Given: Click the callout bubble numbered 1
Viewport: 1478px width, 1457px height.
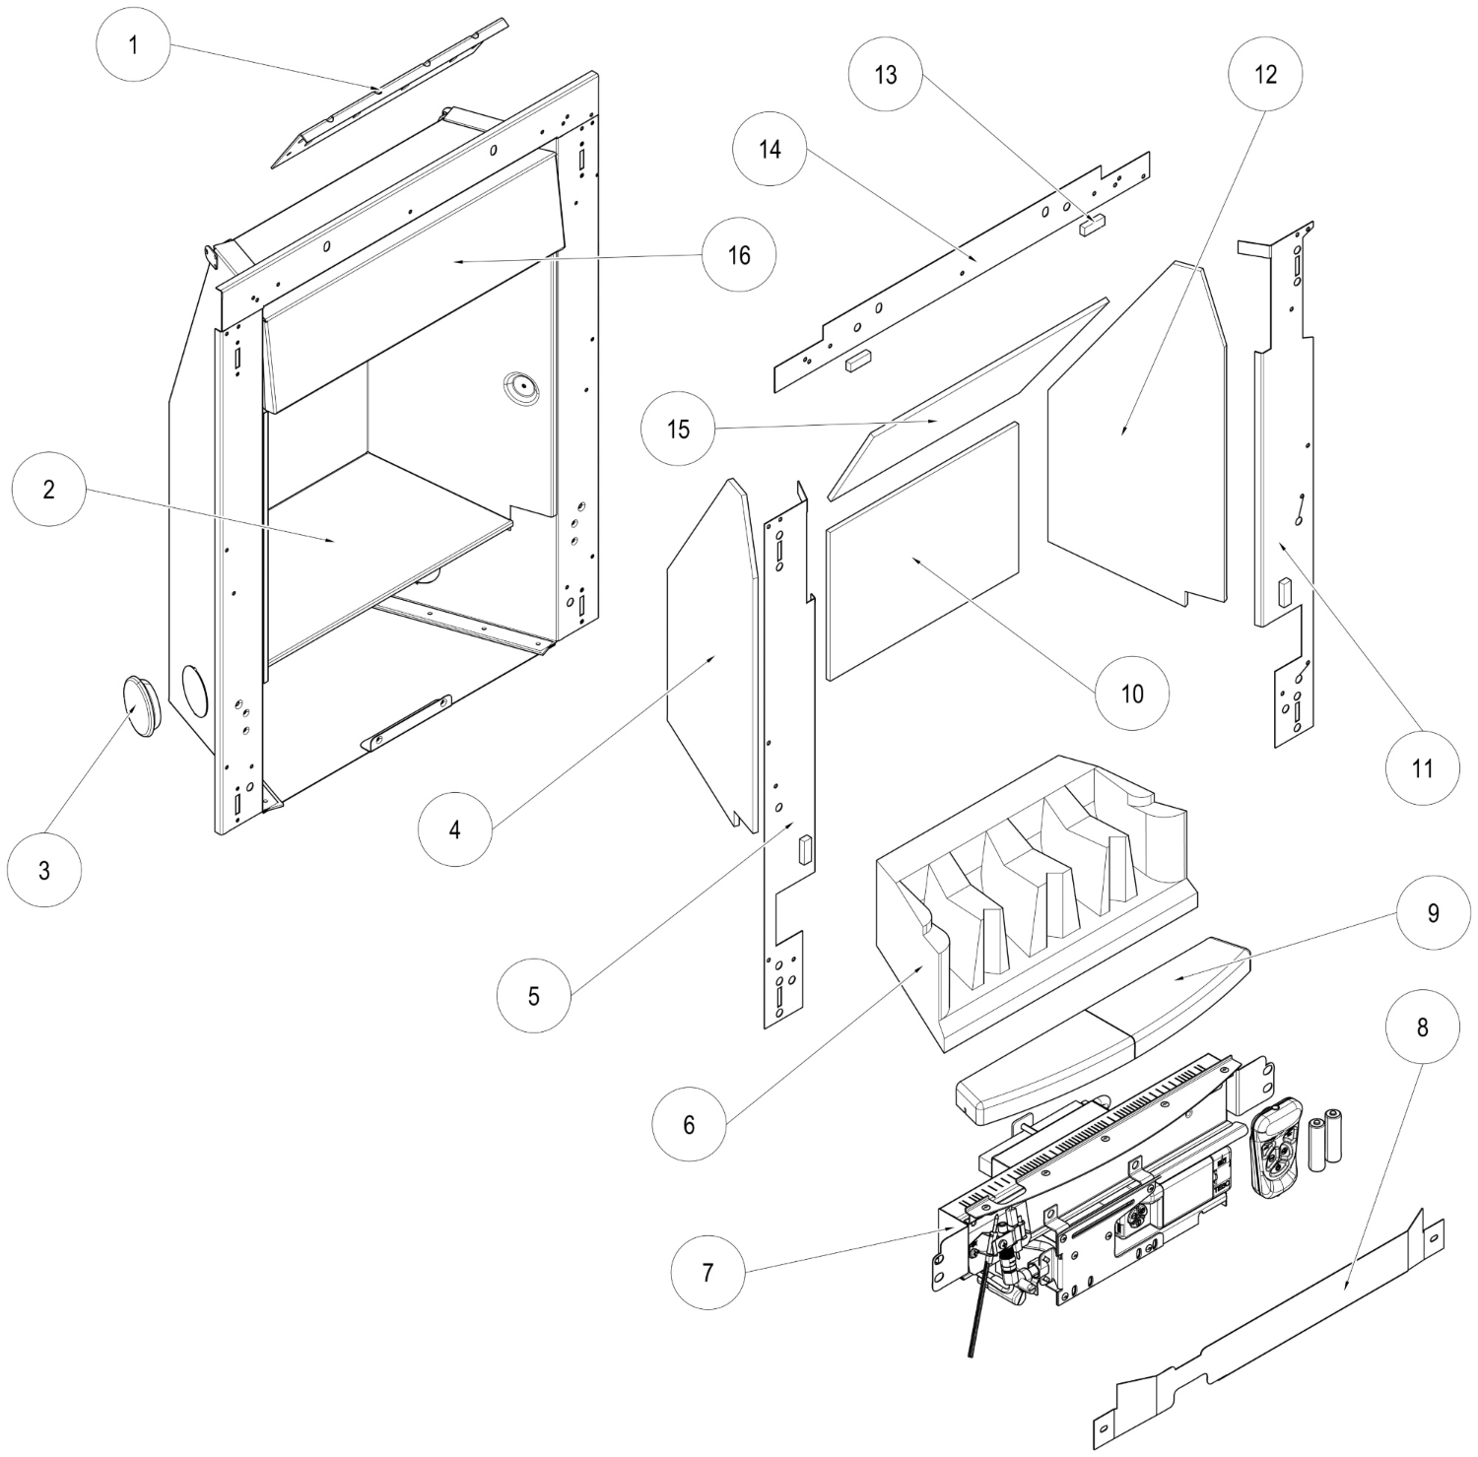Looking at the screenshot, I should [133, 46].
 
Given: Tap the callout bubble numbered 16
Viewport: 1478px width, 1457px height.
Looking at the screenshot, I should [739, 255].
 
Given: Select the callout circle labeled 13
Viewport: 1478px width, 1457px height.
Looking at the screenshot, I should [886, 75].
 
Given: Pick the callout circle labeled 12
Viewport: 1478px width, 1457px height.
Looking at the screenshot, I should [1265, 75].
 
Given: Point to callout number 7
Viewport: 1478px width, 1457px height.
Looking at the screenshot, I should [706, 1272].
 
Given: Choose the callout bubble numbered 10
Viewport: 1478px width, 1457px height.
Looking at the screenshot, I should [1132, 694].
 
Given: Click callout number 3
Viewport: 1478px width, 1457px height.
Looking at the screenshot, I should [44, 870].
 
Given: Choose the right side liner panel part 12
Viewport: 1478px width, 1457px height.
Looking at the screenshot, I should [1133, 433].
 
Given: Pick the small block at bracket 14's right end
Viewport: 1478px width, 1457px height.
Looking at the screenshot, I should [1092, 225].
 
